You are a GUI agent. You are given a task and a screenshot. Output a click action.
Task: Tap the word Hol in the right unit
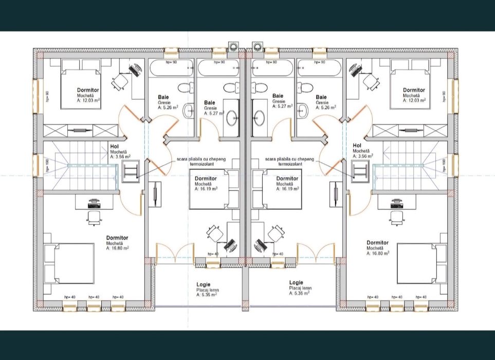(357, 146)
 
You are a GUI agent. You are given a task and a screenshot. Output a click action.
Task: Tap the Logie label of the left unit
(203, 284)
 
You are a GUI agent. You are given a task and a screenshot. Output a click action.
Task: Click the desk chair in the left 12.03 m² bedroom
(120, 81)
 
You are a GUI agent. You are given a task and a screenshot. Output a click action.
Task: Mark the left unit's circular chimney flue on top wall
(233, 47)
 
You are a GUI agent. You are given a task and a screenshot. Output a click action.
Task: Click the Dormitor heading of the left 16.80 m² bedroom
(117, 238)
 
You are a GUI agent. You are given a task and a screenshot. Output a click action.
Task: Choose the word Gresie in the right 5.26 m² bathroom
(322, 102)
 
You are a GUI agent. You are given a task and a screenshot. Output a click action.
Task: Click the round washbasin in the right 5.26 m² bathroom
(303, 108)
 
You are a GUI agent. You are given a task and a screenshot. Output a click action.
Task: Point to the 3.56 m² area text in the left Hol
(120, 157)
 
